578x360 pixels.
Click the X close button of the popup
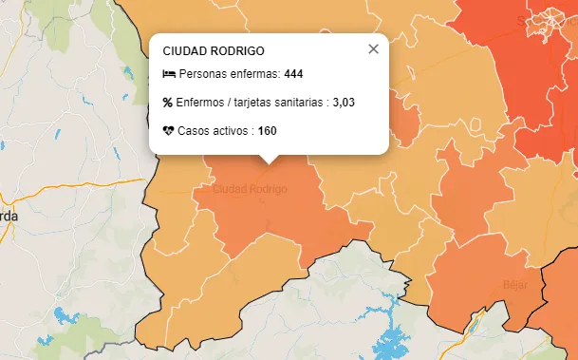(373, 49)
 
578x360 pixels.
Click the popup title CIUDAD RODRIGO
(214, 51)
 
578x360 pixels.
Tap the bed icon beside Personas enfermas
(168, 74)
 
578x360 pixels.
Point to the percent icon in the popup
(168, 102)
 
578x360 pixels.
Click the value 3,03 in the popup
(344, 102)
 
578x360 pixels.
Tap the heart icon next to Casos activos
(168, 130)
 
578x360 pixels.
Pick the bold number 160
(268, 130)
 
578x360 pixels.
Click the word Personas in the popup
(199, 74)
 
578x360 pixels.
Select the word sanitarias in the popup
(302, 102)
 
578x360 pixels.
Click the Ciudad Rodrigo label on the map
(250, 190)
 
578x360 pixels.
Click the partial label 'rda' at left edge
(9, 216)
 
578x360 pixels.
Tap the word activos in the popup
(230, 130)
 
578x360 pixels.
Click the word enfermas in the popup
(252, 74)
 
